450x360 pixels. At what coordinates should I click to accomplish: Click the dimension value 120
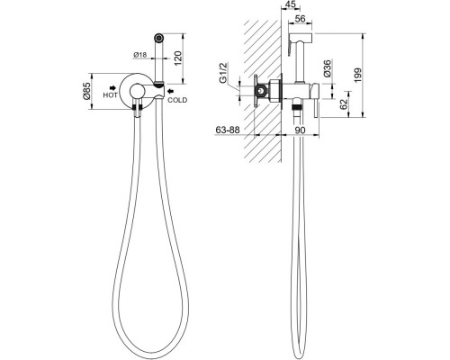(x=177, y=58)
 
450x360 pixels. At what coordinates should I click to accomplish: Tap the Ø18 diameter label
(x=139, y=55)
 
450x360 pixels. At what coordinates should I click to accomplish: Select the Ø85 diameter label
(x=85, y=91)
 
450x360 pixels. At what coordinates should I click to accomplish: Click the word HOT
(x=110, y=95)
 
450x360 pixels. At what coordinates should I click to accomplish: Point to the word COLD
(x=177, y=100)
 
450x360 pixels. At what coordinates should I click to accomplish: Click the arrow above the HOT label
(x=112, y=88)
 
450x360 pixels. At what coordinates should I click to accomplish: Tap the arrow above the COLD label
(x=171, y=91)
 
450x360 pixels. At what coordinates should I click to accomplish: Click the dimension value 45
(x=289, y=4)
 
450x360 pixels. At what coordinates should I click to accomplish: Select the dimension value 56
(x=300, y=19)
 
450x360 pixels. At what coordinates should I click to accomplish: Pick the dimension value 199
(x=358, y=76)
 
